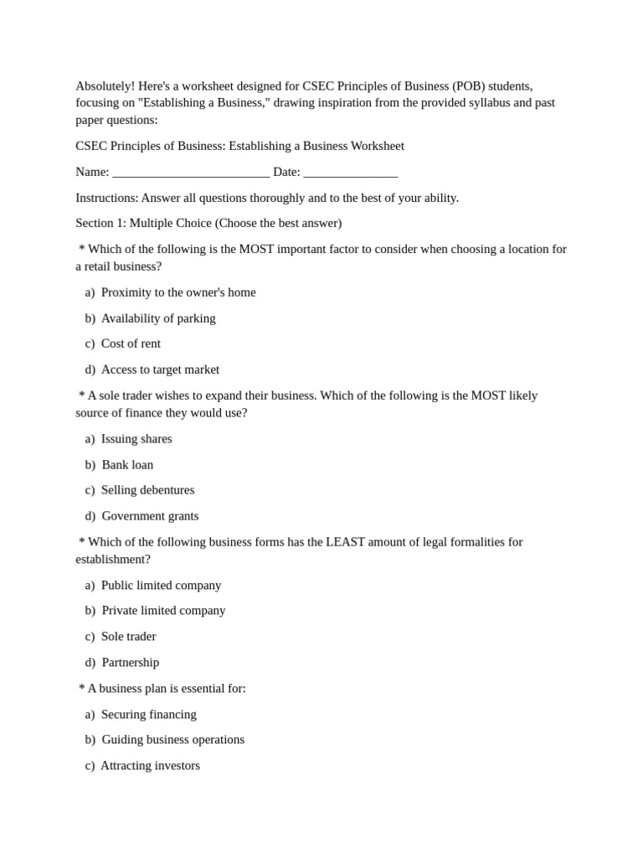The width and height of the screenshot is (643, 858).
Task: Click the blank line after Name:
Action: tap(190, 173)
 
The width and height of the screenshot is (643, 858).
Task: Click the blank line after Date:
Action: tap(350, 173)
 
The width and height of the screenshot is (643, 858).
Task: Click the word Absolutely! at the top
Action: tap(105, 86)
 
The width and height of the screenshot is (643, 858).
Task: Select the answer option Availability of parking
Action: tap(158, 318)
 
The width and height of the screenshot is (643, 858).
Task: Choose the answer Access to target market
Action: tap(160, 370)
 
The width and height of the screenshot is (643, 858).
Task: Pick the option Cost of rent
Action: tap(131, 344)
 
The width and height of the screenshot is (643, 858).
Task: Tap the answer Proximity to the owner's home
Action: tap(178, 292)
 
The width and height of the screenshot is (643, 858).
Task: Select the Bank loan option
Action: tap(127, 465)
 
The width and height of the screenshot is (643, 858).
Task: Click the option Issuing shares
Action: tap(136, 439)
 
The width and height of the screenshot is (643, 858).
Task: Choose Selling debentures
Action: tap(147, 490)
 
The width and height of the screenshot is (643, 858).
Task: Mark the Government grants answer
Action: tap(150, 516)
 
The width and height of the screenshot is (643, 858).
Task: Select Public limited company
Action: tap(161, 586)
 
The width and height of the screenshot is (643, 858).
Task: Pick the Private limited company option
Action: tap(163, 611)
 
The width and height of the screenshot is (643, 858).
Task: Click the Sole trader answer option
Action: tap(128, 637)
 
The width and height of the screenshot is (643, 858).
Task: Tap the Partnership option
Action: tap(130, 663)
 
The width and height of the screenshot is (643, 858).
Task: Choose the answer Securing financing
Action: tap(148, 715)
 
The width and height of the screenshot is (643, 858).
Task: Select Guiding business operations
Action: tap(172, 740)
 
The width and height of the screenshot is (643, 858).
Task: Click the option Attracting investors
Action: tap(150, 766)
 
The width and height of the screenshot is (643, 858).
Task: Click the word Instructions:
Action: tap(106, 198)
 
